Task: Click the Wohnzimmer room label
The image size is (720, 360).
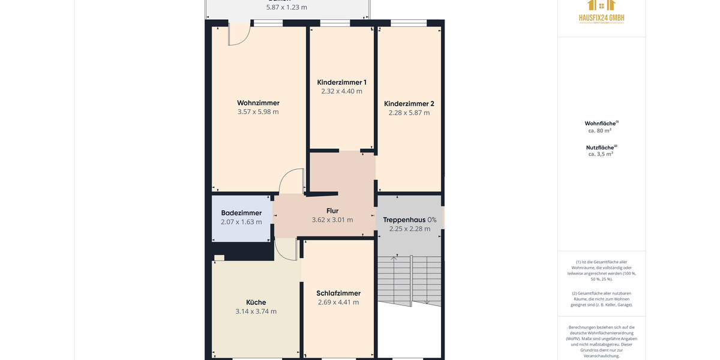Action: (258, 103)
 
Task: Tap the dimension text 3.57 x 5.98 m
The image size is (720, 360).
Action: (258, 112)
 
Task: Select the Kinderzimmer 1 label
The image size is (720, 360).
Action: (341, 82)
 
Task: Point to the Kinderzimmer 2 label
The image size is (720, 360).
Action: (409, 103)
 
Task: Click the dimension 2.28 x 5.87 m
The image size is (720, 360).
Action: (409, 112)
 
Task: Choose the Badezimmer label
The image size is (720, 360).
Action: (241, 213)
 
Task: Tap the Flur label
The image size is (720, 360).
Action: (332, 211)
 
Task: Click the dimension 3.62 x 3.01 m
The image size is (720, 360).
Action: (332, 220)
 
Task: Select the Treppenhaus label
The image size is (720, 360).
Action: (404, 220)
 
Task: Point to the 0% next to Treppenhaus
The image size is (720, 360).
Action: (432, 220)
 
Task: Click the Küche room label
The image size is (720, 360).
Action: (256, 302)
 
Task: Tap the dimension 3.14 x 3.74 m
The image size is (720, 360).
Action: (256, 311)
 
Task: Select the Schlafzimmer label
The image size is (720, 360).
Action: (338, 293)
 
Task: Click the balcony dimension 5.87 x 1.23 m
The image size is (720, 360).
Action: (287, 8)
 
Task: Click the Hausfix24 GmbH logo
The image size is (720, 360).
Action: (601, 11)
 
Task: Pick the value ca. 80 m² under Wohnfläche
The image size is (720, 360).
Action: (600, 130)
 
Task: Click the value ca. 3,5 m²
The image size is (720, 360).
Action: (600, 154)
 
